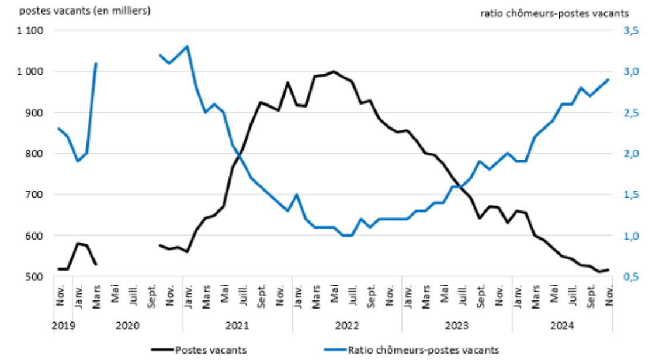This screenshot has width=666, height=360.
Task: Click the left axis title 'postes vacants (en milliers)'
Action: point(77,11)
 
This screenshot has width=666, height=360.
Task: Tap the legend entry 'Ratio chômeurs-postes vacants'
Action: point(423,349)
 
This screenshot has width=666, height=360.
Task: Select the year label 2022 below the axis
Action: point(347,325)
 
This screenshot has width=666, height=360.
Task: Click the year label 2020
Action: point(127,325)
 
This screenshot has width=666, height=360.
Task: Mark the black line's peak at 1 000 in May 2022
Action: point(334,71)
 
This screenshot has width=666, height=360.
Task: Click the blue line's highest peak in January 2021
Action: point(187,46)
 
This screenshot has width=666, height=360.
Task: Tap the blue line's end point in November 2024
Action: point(608,80)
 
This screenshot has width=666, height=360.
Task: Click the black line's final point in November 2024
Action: point(608,269)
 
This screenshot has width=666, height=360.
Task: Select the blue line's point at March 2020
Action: point(96,63)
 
